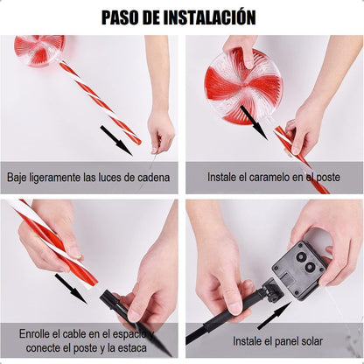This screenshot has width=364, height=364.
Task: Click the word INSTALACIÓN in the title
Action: click(x=209, y=17)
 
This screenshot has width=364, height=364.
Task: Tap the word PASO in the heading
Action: click(x=121, y=17)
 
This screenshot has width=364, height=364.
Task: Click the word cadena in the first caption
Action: click(x=154, y=177)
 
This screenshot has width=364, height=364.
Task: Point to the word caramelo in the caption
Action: click(x=269, y=177)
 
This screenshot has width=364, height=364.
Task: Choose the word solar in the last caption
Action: click(x=311, y=341)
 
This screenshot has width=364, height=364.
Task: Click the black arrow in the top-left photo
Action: click(x=116, y=140)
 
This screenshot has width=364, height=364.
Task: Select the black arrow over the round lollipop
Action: click(x=253, y=122)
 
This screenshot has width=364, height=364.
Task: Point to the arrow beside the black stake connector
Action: click(x=71, y=289)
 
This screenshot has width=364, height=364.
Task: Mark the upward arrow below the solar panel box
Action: click(x=274, y=315)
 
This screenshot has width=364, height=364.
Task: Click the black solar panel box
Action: click(x=299, y=269)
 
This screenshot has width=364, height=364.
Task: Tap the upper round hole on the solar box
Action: click(x=301, y=256)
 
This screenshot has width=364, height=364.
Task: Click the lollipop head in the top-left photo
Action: click(x=39, y=50)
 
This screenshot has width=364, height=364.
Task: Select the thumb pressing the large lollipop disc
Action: click(x=248, y=56)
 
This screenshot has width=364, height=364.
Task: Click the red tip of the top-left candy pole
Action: click(x=137, y=142)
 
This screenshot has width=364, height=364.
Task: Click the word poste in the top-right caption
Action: click(x=328, y=178)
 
